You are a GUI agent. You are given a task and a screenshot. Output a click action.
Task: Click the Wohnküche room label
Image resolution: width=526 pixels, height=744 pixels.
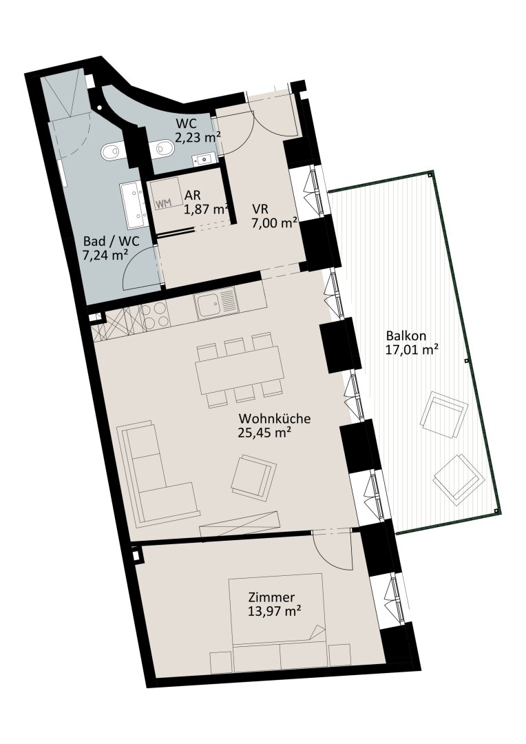(275, 419)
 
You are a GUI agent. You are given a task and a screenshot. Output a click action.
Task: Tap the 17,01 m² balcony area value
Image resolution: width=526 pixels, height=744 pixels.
(412, 351)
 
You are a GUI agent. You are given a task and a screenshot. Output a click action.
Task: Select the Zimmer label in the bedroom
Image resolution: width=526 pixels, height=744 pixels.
(271, 597)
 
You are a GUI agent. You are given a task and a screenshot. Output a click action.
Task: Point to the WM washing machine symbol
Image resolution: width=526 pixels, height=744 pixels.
(162, 203)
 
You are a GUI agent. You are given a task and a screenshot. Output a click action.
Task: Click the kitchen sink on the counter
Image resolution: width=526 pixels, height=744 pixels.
(217, 302)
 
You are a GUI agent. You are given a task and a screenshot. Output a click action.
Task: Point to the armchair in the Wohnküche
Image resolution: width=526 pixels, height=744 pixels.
(254, 478)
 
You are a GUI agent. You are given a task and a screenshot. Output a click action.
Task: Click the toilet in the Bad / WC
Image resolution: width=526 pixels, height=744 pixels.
(112, 152)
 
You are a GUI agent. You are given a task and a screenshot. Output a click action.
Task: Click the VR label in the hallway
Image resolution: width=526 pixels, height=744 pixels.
(260, 209)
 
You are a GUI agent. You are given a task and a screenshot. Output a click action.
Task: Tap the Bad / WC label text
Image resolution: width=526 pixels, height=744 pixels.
(112, 241)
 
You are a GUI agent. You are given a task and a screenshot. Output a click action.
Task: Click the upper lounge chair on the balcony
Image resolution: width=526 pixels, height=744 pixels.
(443, 414)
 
